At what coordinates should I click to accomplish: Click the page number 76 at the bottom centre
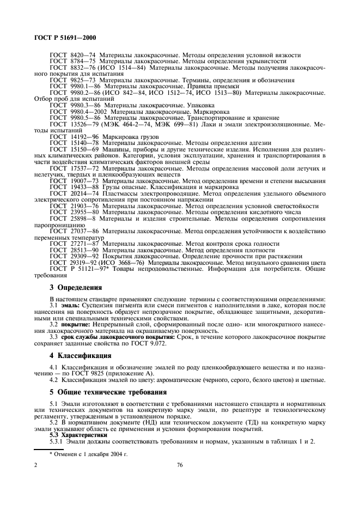click(180, 465)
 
